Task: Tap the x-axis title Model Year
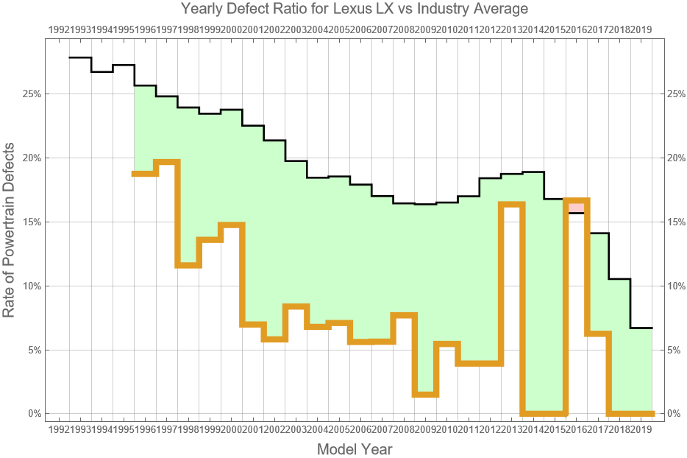point(354,449)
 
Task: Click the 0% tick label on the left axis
point(32,414)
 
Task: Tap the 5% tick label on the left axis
point(32,350)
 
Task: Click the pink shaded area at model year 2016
point(577,206)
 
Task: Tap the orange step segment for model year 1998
point(188,265)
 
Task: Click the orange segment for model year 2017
point(598,334)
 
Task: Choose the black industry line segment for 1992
point(80,57)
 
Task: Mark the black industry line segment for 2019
point(641,328)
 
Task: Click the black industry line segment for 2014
point(533,172)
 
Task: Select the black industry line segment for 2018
point(619,279)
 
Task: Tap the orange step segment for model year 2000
point(232,225)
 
